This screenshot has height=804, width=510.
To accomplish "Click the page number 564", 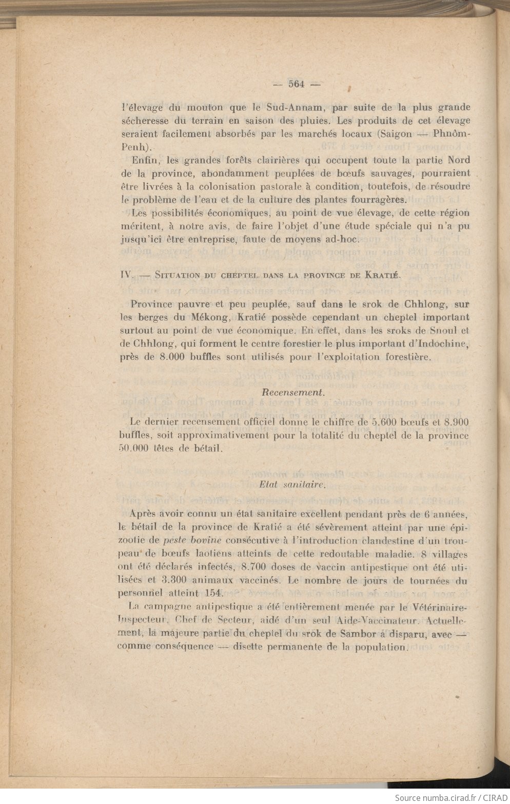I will pyautogui.click(x=297, y=84).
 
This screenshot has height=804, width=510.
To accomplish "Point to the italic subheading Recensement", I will pyautogui.click(x=293, y=392).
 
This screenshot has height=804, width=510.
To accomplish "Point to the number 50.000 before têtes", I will pyautogui.click(x=133, y=448).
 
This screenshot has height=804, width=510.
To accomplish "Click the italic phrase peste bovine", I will pyautogui.click(x=192, y=541).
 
